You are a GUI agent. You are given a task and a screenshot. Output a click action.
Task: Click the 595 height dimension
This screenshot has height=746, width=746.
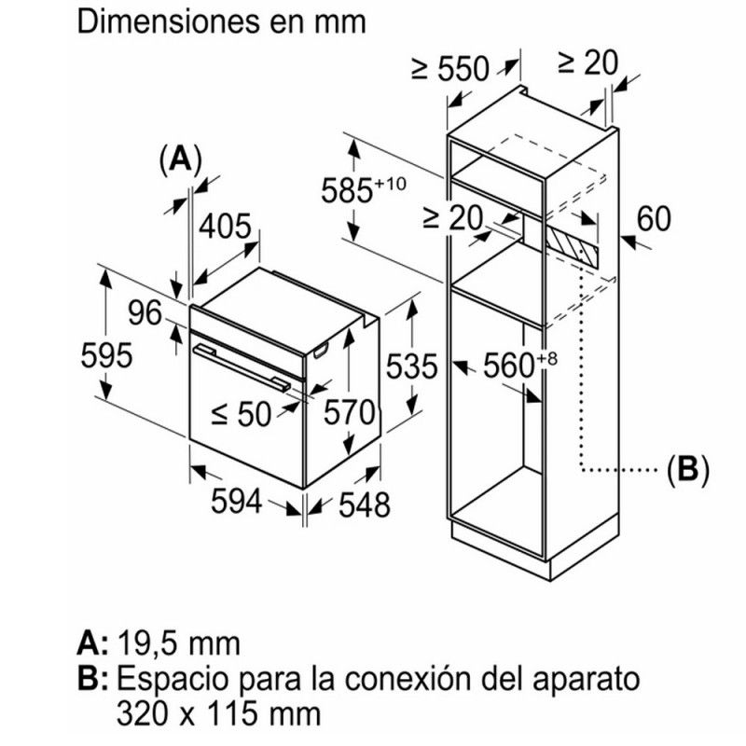106,356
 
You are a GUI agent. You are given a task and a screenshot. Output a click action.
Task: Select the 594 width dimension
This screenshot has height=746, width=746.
233,502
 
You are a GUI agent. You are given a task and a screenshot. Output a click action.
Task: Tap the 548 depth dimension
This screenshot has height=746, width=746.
359,504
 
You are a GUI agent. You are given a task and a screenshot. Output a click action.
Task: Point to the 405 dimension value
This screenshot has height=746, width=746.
226,228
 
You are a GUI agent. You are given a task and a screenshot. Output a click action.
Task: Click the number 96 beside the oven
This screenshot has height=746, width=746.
145,314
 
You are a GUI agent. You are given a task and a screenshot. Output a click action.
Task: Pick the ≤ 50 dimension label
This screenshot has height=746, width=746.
241,413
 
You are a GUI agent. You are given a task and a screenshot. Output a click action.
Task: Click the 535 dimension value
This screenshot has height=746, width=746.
410,366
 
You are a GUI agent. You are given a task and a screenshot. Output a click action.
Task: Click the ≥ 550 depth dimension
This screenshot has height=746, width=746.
449,68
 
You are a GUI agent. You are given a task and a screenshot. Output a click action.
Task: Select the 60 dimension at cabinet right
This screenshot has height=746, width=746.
655,219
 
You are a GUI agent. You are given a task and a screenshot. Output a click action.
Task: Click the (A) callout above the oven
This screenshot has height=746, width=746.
180,159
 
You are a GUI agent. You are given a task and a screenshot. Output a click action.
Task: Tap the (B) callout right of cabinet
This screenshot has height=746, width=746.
687,469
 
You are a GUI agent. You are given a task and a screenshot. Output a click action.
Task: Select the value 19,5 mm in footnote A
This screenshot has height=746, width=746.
178,642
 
